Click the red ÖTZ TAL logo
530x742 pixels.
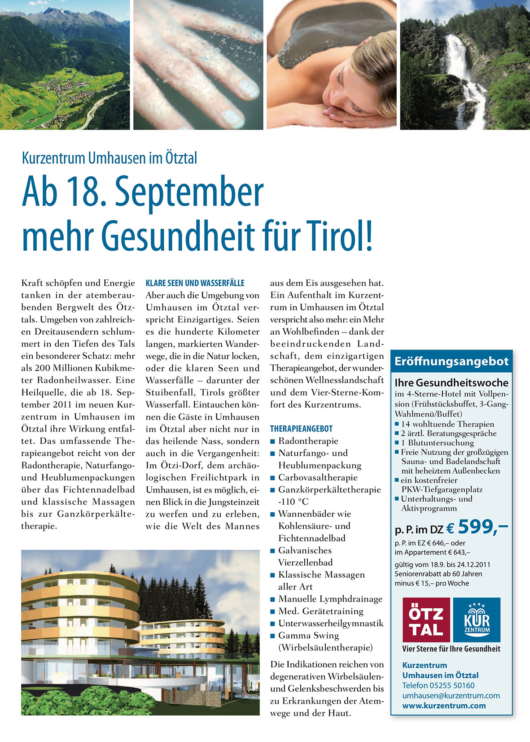pyautogui.click(x=426, y=620)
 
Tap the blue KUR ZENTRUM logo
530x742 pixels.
pyautogui.click(x=477, y=620)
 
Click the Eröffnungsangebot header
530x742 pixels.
pyautogui.click(x=451, y=362)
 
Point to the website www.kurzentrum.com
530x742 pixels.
pyautogui.click(x=444, y=706)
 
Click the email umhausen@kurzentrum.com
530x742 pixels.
pyautogui.click(x=451, y=695)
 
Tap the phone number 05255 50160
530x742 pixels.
pyautogui.click(x=452, y=685)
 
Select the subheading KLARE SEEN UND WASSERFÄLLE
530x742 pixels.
pyautogui.click(x=195, y=284)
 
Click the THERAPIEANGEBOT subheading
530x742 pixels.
pyautogui.click(x=302, y=429)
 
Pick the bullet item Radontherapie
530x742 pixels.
pyautogui.click(x=308, y=441)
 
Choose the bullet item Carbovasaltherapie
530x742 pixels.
pyautogui.click(x=318, y=477)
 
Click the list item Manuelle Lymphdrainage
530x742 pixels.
pyautogui.click(x=330, y=599)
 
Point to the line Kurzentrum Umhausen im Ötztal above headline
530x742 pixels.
pyautogui.click(x=110, y=158)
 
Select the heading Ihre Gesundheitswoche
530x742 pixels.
pyautogui.click(x=451, y=383)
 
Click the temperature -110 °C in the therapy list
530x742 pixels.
pyautogui.click(x=293, y=502)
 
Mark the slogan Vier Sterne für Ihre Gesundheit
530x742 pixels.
pyautogui.click(x=451, y=649)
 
